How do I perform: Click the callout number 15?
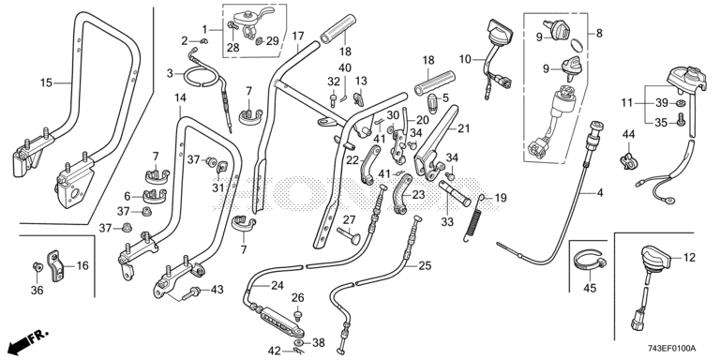[x=46, y=82]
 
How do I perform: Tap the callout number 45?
[x=590, y=289]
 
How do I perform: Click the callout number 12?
[x=689, y=258]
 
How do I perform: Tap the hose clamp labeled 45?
[x=590, y=264]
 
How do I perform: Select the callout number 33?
[x=447, y=222]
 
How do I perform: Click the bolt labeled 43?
[x=190, y=292]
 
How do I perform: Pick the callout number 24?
[x=277, y=285]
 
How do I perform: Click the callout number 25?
[x=426, y=265]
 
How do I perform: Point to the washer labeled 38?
[x=299, y=343]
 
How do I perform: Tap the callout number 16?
[x=82, y=265]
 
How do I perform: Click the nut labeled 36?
[x=37, y=266]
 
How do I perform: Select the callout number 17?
[x=298, y=36]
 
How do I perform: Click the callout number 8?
[x=599, y=33]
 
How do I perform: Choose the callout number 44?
[x=629, y=134]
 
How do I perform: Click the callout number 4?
[x=600, y=193]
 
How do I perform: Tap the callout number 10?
[x=465, y=59]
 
